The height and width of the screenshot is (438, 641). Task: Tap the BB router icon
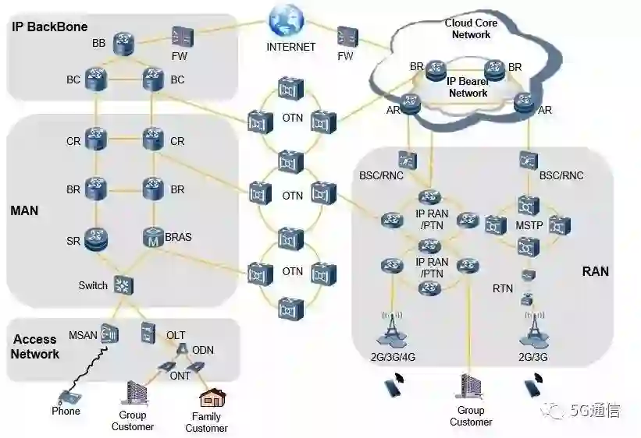[x=123, y=43]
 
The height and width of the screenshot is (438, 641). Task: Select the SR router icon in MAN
[x=98, y=239]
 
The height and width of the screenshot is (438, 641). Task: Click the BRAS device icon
[x=152, y=238]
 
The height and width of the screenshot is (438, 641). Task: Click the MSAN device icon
[x=110, y=334]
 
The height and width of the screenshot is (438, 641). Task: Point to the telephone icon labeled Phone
[x=67, y=395]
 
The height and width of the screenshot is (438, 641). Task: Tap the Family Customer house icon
[x=211, y=399]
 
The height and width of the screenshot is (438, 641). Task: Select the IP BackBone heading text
[x=49, y=26]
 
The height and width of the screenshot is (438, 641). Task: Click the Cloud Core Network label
[x=472, y=29]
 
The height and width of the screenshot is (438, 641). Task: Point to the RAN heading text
[x=595, y=272]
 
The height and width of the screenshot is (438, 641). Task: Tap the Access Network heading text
[x=35, y=347]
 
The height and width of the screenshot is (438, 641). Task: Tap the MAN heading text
[x=24, y=211]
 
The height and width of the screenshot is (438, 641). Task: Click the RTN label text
[x=503, y=289]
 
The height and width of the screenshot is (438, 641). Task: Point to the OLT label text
[x=176, y=335]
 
